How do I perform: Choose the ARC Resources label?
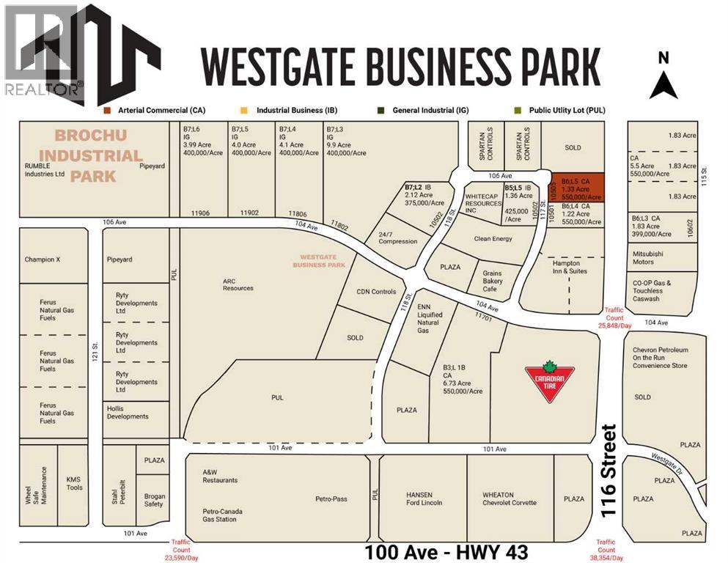tap(238, 284)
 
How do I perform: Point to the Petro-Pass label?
tap(331, 499)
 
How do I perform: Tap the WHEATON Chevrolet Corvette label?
tap(509, 498)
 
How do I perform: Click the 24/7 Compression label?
tap(397, 238)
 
